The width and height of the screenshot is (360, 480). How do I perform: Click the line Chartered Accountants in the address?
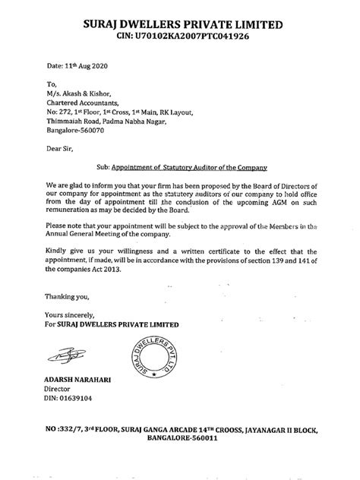pyautogui.click(x=82, y=103)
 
